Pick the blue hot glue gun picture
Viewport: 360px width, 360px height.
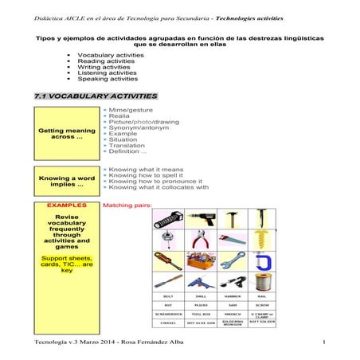tap(202, 282)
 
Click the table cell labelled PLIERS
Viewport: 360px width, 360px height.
tap(202, 303)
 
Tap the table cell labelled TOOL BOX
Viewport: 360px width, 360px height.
tap(202, 314)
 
